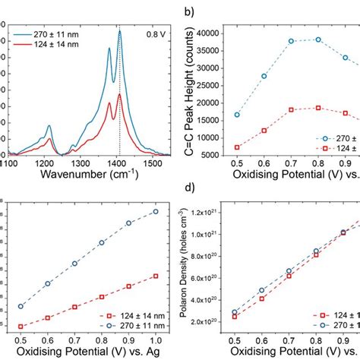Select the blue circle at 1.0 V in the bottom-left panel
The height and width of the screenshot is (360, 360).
tap(156, 211)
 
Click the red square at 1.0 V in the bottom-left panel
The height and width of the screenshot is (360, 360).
tap(156, 276)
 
